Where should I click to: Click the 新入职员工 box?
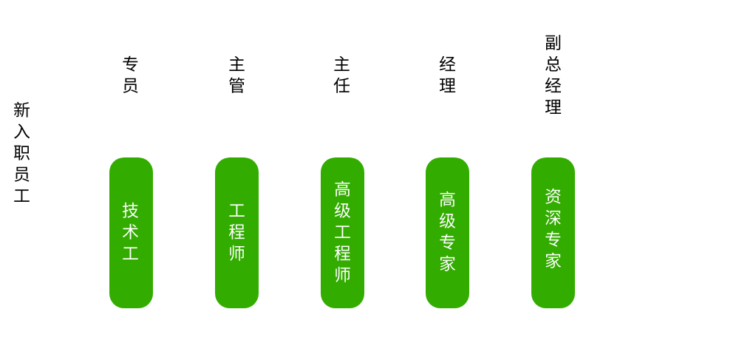pyautogui.click(x=22, y=154)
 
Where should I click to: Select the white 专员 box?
pyautogui.click(x=131, y=75)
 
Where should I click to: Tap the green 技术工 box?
pyautogui.click(x=131, y=232)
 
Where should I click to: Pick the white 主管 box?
pyautogui.click(x=236, y=75)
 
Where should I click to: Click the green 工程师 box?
pyautogui.click(x=236, y=232)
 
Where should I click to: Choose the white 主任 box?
pyautogui.click(x=342, y=75)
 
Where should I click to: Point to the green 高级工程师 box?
pyautogui.click(x=342, y=232)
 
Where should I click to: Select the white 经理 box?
pyautogui.click(x=447, y=75)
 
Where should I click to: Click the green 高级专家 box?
pyautogui.click(x=447, y=232)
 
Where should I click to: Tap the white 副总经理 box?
pyautogui.click(x=553, y=75)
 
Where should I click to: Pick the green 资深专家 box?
pyautogui.click(x=553, y=232)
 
